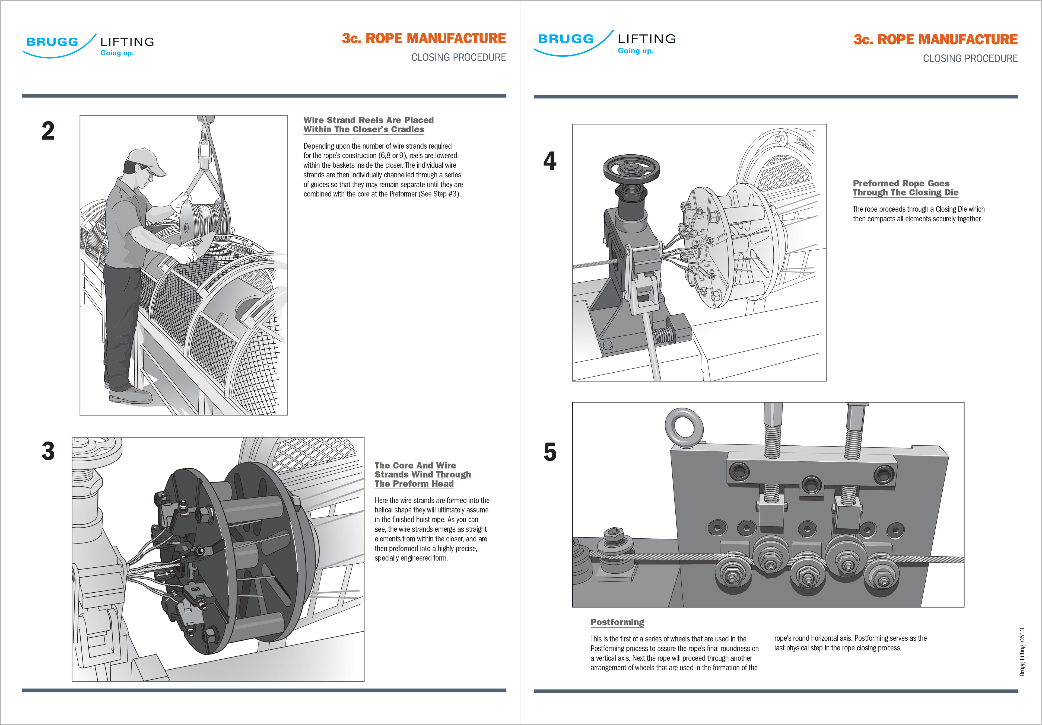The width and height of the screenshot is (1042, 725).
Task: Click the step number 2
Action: pyautogui.click(x=48, y=131)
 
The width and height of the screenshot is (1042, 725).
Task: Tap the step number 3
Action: pyautogui.click(x=48, y=451)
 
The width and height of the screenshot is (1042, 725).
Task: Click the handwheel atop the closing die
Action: pyautogui.click(x=631, y=168)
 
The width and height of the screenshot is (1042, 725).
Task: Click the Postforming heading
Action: pyautogui.click(x=617, y=622)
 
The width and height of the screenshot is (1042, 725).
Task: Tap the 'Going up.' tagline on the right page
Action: pyautogui.click(x=635, y=51)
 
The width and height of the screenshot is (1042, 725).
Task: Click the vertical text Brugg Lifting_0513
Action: pyautogui.click(x=1022, y=652)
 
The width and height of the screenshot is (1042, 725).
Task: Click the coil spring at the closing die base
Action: pyautogui.click(x=662, y=336)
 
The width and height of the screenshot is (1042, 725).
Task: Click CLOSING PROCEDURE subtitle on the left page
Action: pyautogui.click(x=458, y=58)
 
